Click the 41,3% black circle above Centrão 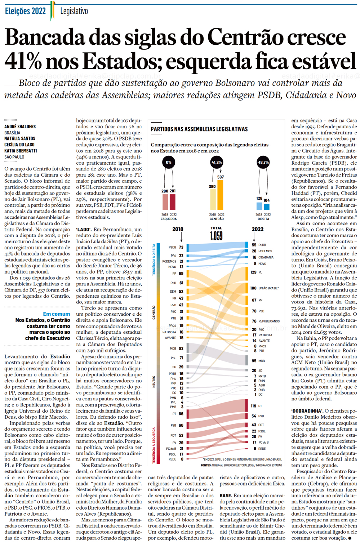click(x=217, y=162)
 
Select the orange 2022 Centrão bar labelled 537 click(x=220, y=195)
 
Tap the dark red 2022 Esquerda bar click(x=173, y=202)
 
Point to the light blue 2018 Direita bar click(x=259, y=206)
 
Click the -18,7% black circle click(x=263, y=162)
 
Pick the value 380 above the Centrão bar click(x=212, y=187)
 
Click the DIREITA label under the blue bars click(x=263, y=219)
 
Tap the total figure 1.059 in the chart click(x=216, y=236)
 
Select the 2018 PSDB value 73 click(x=181, y=247)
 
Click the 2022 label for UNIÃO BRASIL click(x=268, y=288)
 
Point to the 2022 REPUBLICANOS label click(x=269, y=321)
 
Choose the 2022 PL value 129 click(x=254, y=272)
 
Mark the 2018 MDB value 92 click(x=181, y=348)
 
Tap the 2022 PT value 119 click(x=254, y=406)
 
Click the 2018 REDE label click(x=172, y=459)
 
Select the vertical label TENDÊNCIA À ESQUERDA click(x=154, y=445)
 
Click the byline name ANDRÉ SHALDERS click(x=20, y=126)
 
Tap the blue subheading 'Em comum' click(x=57, y=314)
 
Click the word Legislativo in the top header click(x=74, y=11)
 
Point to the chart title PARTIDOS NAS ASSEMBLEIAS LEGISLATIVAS click(x=199, y=129)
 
